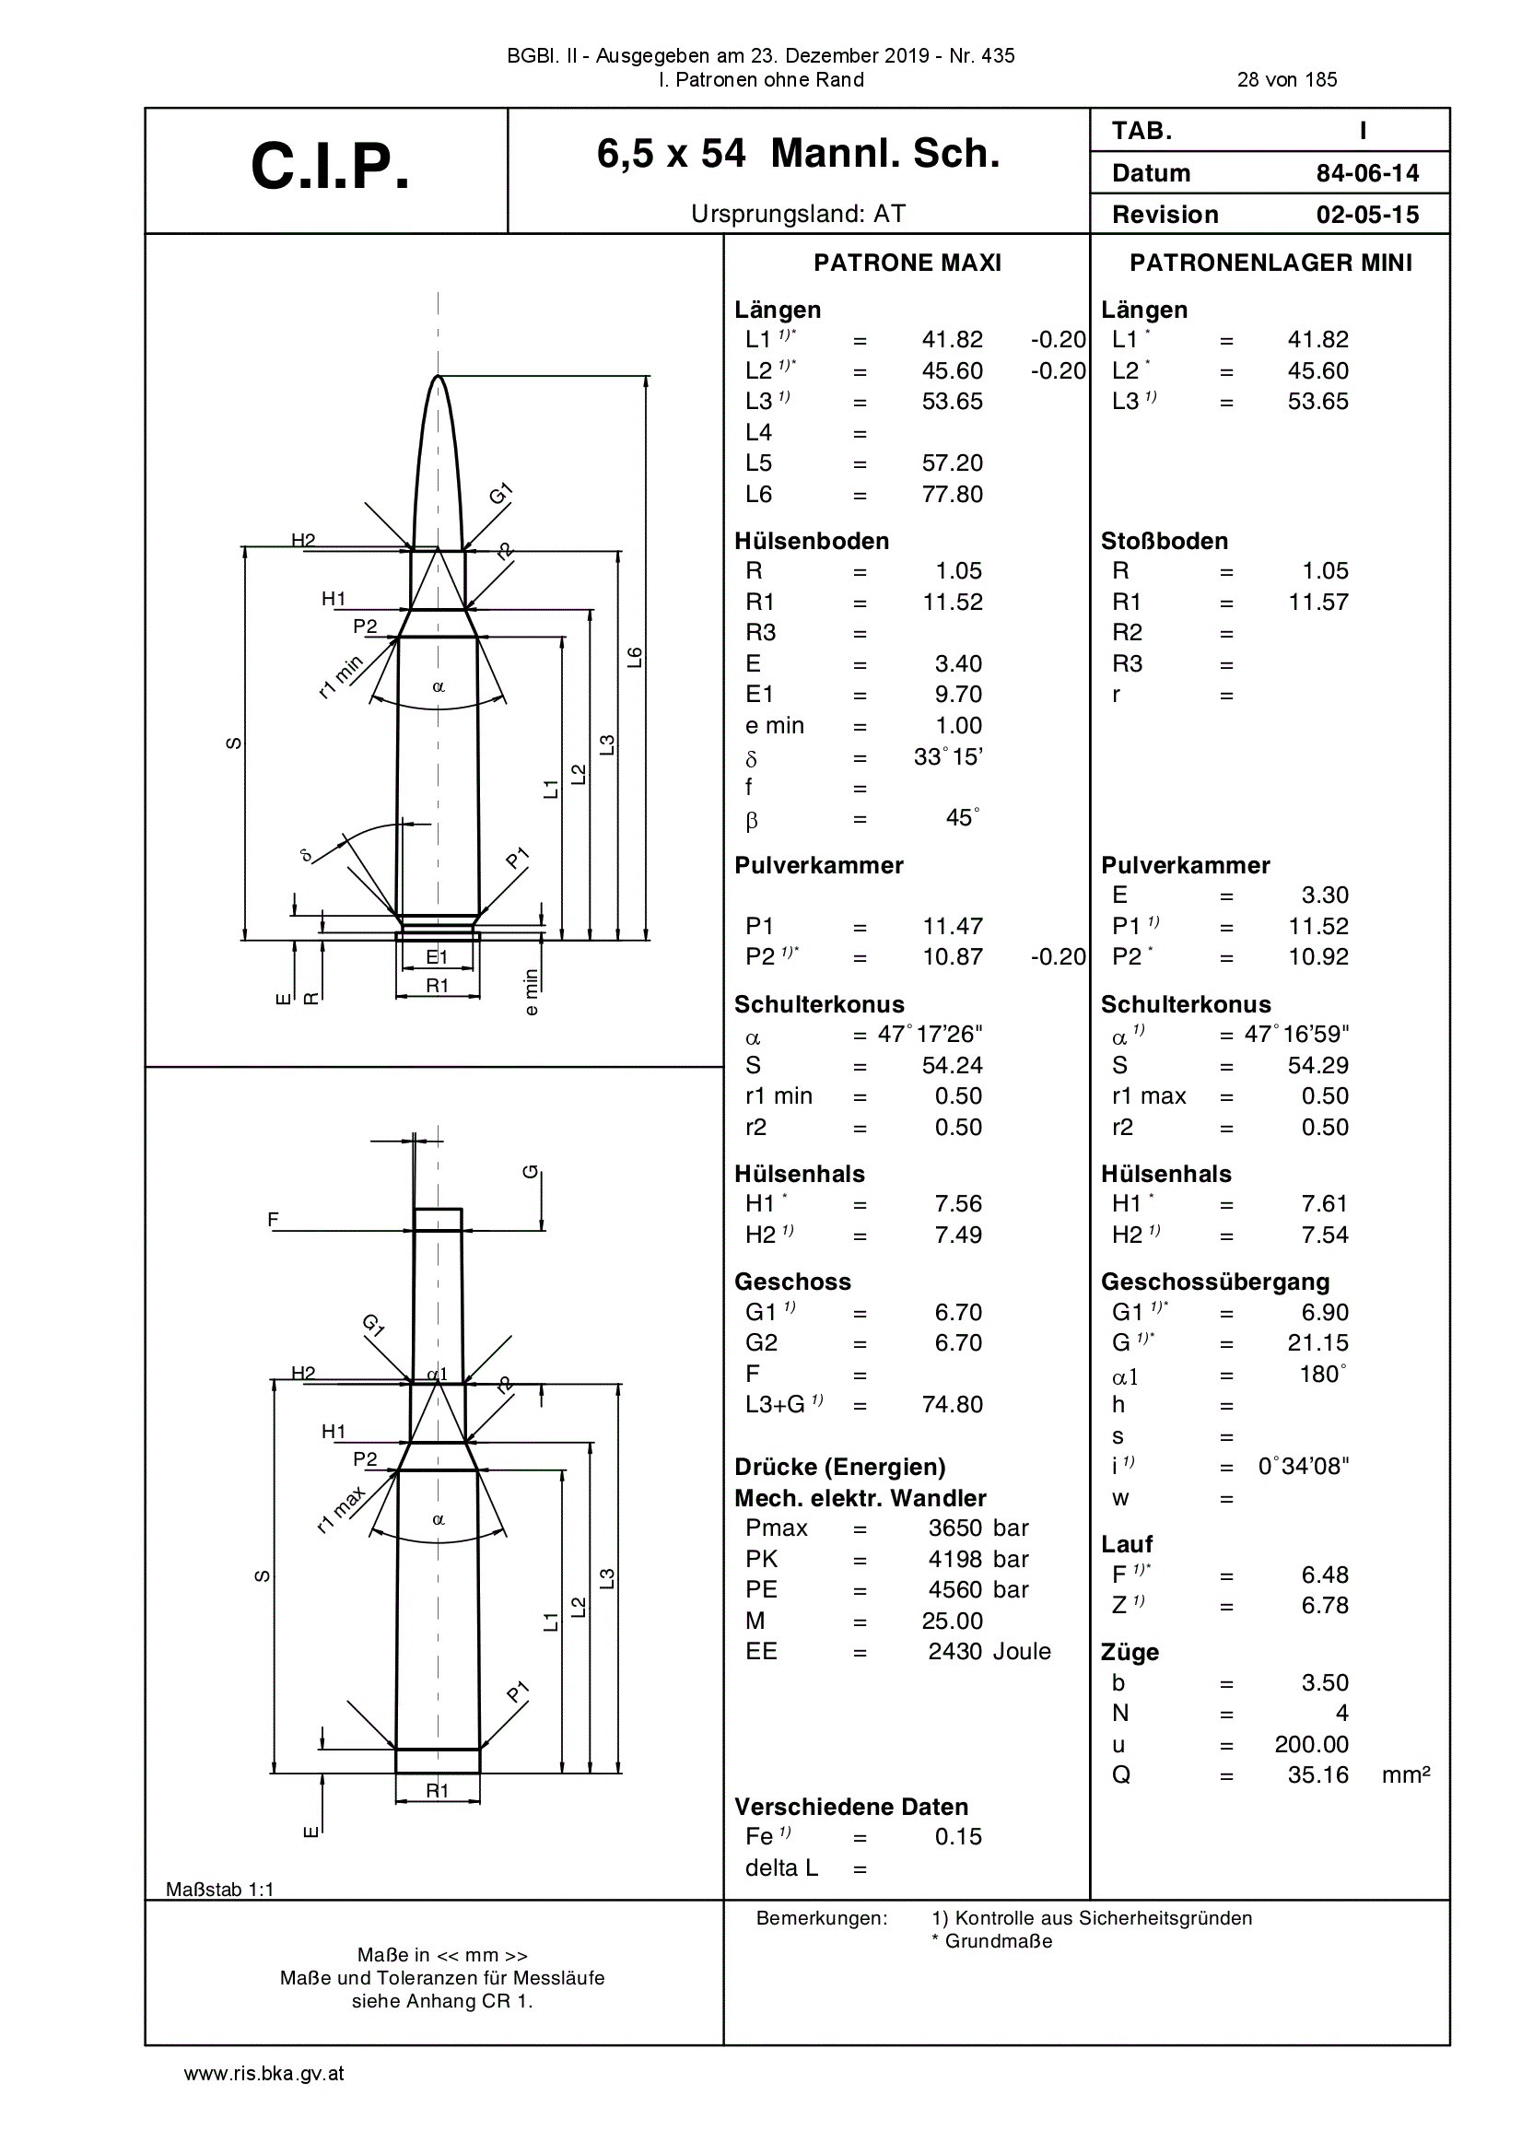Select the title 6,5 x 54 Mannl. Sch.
(x=799, y=154)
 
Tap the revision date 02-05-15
(x=1367, y=215)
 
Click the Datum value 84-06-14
(x=1367, y=173)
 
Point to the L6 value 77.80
(x=953, y=495)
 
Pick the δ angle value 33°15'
(x=948, y=756)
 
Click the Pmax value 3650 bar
(x=978, y=1528)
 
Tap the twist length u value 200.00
(x=1312, y=1744)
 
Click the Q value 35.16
(x=1318, y=1775)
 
